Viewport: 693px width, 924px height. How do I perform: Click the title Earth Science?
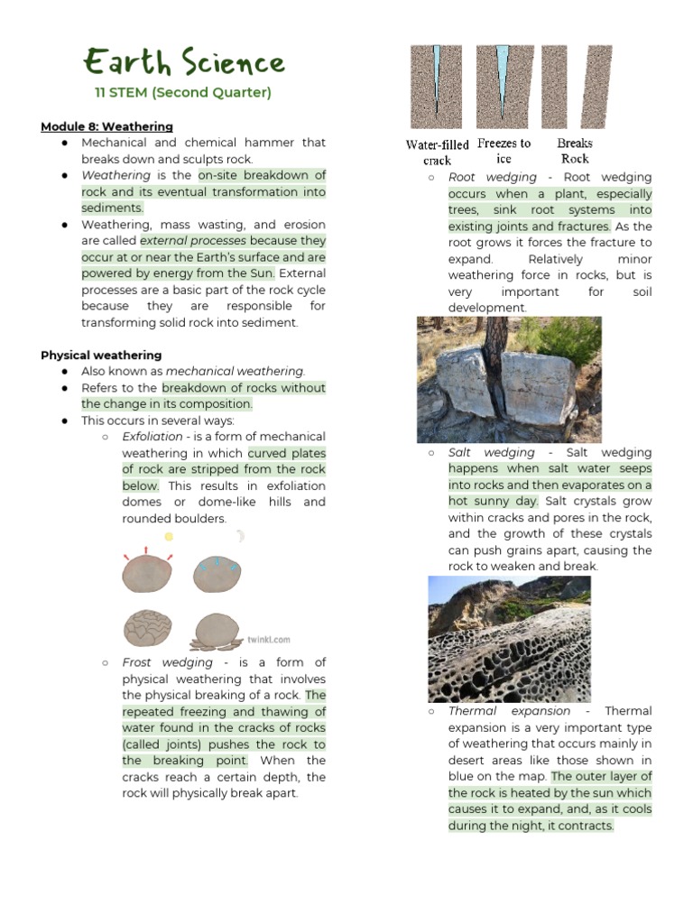coord(184,63)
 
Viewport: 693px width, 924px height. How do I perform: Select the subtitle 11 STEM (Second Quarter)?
coord(183,93)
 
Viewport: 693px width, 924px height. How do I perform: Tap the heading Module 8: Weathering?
coord(106,126)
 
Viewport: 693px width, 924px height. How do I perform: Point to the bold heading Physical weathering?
coord(101,356)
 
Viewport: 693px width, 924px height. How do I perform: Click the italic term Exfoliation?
coord(152,437)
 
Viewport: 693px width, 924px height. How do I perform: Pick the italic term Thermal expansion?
coord(510,711)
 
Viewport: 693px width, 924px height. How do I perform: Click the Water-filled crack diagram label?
coord(438,152)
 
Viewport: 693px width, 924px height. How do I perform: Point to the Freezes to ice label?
coord(504,151)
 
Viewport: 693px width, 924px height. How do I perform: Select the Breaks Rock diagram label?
coord(575,151)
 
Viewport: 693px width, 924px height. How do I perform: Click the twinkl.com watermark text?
coord(269,640)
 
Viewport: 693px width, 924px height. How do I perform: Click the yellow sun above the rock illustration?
coord(168,536)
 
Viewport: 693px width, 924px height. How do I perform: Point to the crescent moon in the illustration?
coord(240,536)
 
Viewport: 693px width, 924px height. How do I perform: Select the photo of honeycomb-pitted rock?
coord(509,639)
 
